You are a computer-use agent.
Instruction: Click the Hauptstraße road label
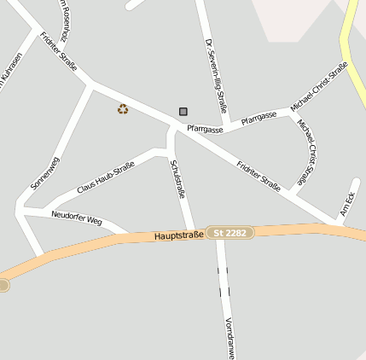(x=179, y=234)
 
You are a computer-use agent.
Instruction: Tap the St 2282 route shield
(x=230, y=232)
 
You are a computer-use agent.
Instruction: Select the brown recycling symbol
(x=123, y=108)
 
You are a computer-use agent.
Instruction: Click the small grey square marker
(x=183, y=111)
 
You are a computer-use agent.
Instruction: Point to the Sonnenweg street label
(x=45, y=172)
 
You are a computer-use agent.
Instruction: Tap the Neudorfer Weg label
(x=77, y=218)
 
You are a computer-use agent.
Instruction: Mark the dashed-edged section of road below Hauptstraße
(x=224, y=282)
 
